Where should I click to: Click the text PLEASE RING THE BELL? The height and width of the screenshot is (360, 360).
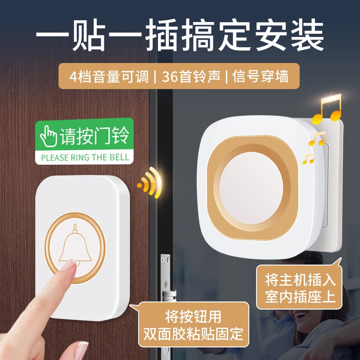[x=85, y=157]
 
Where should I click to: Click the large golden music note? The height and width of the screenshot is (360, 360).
[x=328, y=109]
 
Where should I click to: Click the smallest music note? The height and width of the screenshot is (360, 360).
[x=308, y=158]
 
